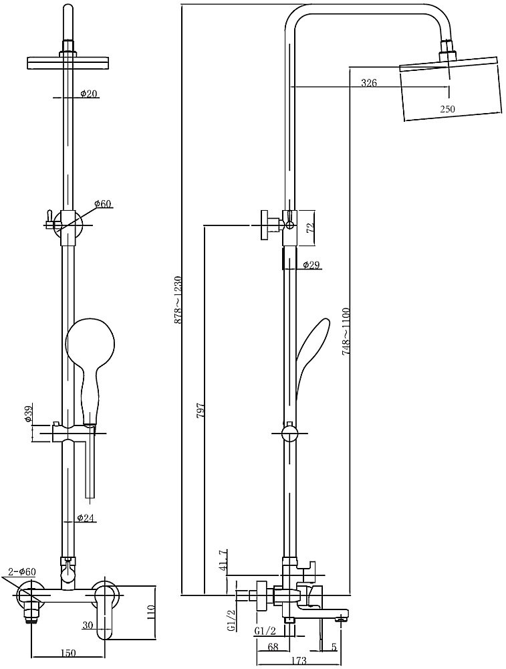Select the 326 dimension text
point(369,83)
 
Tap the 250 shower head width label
point(447,109)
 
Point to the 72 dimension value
point(311,227)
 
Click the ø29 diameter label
point(311,265)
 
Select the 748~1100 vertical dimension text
point(346,330)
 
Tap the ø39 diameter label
point(29,413)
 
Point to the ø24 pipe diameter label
point(86,518)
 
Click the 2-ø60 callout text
point(22,571)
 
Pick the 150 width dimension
point(68,653)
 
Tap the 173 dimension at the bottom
point(299,660)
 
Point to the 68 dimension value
point(272,647)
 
